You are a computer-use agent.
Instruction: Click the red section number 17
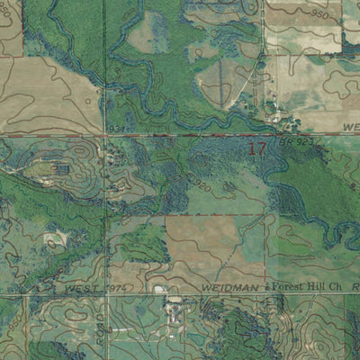(x=256, y=148)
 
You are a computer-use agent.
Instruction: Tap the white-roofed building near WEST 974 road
(x=159, y=289)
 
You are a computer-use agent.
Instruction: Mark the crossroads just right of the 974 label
(x=107, y=293)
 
